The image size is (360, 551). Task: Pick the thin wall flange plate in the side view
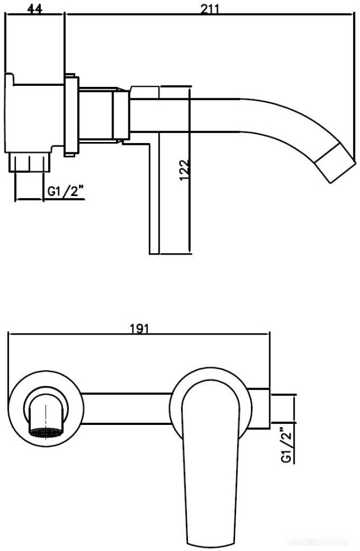pyautogui.click(x=71, y=115)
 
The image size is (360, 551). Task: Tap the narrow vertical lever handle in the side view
pyautogui.click(x=154, y=196)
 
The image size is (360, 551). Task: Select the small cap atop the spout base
pyautogui.click(x=146, y=91)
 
